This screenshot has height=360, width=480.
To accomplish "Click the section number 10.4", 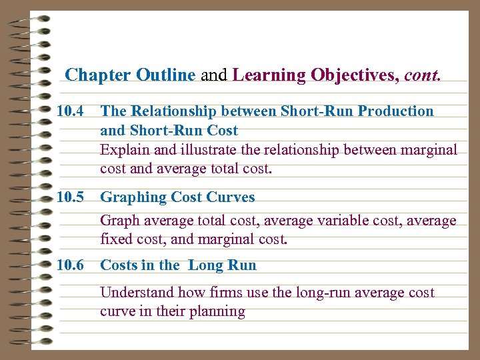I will click(x=70, y=111).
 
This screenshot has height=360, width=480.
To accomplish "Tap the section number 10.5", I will click(x=70, y=197).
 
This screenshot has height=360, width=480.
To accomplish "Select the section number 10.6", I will click(x=70, y=265).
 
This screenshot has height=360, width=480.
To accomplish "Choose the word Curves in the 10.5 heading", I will click(x=231, y=197).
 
